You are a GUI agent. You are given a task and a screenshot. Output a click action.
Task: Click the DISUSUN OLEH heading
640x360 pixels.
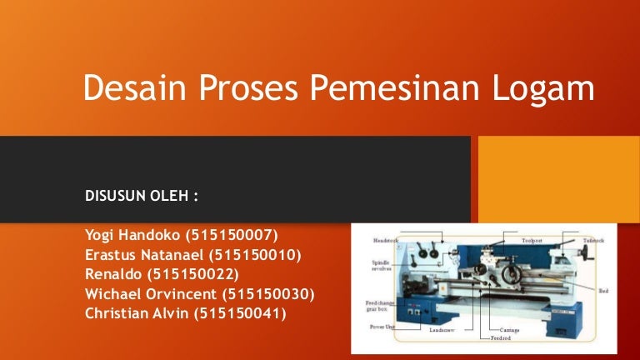tap(142, 199)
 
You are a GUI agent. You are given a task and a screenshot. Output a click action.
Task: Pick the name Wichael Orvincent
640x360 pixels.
tap(152, 294)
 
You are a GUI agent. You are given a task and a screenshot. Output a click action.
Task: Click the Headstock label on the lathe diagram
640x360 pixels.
tap(387, 239)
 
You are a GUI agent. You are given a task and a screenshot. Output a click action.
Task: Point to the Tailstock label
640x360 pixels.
tap(593, 239)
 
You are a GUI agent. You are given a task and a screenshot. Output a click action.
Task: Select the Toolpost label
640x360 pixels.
tap(532, 239)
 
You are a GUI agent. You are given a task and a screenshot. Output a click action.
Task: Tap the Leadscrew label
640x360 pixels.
tap(441, 330)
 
